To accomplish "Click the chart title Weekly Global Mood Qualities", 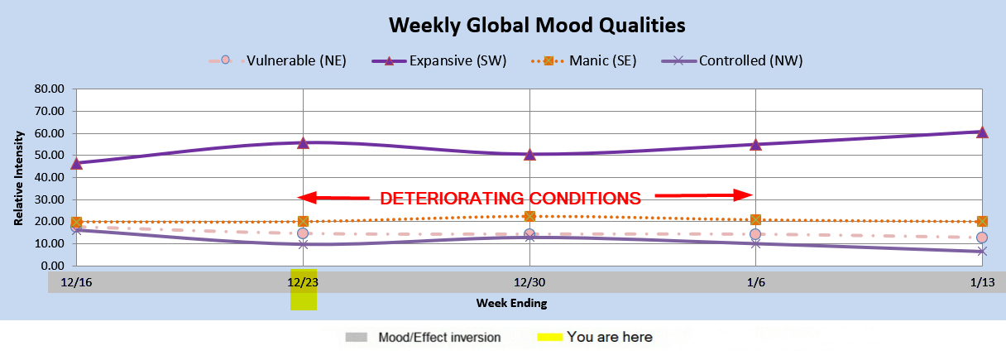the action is click(537, 25).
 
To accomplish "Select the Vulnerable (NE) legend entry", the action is click(277, 60).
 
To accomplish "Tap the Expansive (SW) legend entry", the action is click(439, 60).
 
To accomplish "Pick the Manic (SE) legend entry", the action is click(584, 60).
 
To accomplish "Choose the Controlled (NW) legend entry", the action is click(732, 60).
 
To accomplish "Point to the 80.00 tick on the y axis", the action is click(50, 89).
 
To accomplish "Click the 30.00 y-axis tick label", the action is click(50, 199).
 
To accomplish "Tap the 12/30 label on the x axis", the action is click(529, 282).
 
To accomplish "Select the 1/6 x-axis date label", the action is click(756, 282).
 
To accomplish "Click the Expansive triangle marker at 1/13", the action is click(982, 132).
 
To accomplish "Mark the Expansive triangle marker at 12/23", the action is click(303, 143).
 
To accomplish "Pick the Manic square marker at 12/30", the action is click(529, 216).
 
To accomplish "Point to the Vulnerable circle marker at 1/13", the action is click(982, 238).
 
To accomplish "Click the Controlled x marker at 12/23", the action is click(303, 244).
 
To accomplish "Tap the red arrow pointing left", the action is click(333, 197).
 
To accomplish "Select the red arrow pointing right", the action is click(704, 195).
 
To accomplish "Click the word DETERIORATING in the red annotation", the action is click(452, 198).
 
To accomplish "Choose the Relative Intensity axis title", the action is click(18, 178).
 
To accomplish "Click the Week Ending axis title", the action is click(511, 303).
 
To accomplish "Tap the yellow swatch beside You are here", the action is click(549, 337).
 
